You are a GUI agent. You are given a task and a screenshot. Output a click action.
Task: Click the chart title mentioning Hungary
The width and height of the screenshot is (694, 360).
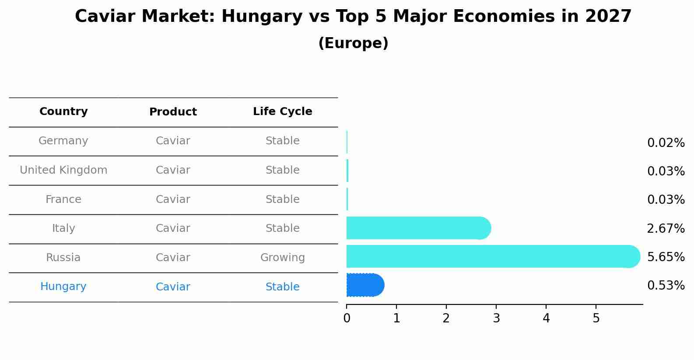click(353, 17)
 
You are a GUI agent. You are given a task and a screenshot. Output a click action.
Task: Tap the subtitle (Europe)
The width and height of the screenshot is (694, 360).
click(353, 43)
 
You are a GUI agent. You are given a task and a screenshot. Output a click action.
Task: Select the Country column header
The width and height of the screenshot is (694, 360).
click(63, 112)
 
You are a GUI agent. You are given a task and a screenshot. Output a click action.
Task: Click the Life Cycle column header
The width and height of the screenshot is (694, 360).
click(282, 112)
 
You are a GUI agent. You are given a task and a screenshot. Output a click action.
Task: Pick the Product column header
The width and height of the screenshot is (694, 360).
click(173, 112)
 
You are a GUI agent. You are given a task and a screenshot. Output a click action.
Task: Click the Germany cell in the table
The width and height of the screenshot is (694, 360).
click(63, 141)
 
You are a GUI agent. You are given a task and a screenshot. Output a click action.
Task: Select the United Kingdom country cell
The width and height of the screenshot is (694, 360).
click(63, 170)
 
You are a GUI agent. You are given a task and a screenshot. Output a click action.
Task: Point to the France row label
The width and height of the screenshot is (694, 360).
click(63, 199)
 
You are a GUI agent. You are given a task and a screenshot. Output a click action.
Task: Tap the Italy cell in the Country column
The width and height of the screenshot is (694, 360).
click(63, 228)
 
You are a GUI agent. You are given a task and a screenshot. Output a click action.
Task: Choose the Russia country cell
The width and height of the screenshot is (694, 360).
click(63, 258)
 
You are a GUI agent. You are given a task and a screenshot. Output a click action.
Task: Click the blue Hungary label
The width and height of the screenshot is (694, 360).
click(63, 287)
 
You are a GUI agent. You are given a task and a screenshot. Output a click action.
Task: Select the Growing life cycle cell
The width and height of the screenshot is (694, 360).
click(282, 258)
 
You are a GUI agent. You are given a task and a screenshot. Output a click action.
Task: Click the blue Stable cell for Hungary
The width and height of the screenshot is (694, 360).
click(282, 287)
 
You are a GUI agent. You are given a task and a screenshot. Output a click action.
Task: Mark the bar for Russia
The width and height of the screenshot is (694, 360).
click(490, 256)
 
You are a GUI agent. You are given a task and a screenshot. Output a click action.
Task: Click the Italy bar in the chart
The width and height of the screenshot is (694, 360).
click(416, 228)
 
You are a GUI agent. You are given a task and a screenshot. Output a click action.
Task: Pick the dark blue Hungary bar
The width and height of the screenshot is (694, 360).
click(364, 285)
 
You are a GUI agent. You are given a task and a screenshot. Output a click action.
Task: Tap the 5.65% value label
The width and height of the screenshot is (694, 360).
click(666, 257)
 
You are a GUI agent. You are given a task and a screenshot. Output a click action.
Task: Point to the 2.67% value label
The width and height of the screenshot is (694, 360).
click(666, 228)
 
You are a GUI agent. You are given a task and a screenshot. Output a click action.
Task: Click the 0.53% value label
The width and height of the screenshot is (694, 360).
click(666, 286)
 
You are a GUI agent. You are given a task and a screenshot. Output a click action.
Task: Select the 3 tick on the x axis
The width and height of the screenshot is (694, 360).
click(496, 318)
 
